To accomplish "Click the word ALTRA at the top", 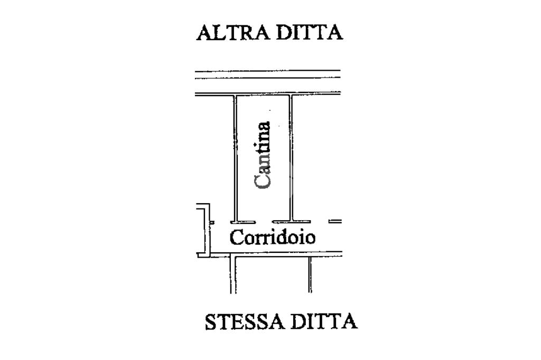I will tap(230, 33).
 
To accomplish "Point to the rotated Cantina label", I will tap(263, 155).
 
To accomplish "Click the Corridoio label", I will tap(273, 238).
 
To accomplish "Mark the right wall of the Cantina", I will tap(291, 158).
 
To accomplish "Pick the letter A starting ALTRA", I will tap(204, 33).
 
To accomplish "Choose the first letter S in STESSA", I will tap(211, 321).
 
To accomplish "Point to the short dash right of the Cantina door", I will tap(335, 221).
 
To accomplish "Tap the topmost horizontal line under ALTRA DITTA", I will tap(267, 71).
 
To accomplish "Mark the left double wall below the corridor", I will tap(232, 274).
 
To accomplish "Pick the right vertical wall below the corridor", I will tap(310, 274).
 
